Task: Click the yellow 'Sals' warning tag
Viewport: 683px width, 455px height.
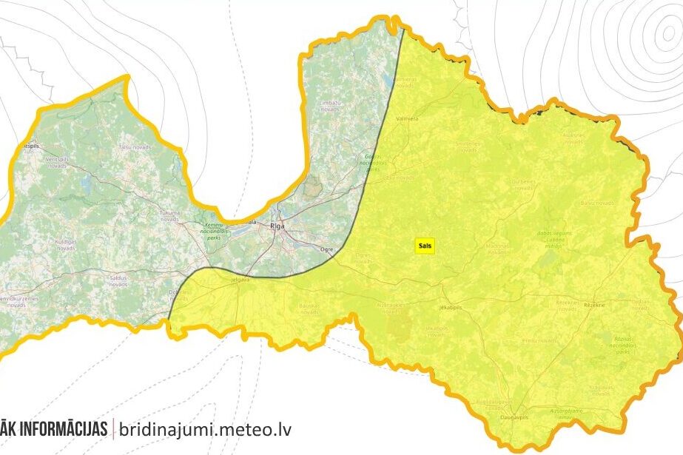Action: pyautogui.click(x=424, y=249)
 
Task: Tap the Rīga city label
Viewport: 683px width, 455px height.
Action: pyautogui.click(x=277, y=226)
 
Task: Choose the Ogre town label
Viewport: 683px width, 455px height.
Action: pyautogui.click(x=327, y=250)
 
